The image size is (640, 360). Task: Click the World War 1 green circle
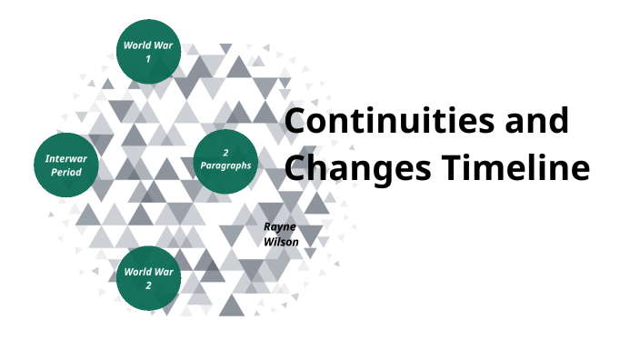[148, 51]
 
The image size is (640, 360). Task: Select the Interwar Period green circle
[65, 165]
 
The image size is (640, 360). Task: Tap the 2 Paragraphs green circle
[225, 160]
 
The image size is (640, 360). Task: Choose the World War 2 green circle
[148, 277]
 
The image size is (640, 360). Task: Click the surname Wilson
[280, 242]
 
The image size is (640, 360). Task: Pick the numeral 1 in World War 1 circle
[148, 59]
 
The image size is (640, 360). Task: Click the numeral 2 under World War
[148, 285]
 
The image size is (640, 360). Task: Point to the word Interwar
[65, 157]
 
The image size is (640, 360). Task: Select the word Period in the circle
[65, 172]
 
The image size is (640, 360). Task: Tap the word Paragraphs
[225, 165]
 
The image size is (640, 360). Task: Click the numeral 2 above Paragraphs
[225, 152]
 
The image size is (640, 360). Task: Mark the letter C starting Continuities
[297, 123]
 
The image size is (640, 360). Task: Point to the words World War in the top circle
[148, 45]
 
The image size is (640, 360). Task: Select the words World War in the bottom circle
[148, 271]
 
